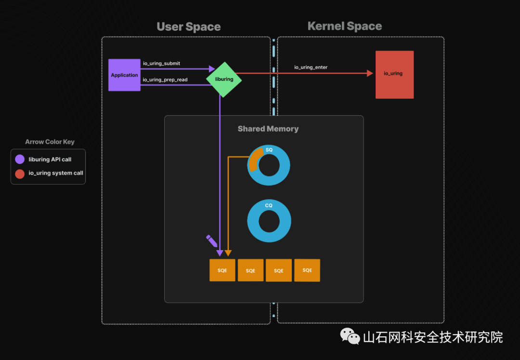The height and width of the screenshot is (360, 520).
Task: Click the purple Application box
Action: [x=124, y=75]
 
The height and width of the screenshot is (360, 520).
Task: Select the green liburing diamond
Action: [x=224, y=79]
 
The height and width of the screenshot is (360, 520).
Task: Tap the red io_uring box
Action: [x=394, y=74]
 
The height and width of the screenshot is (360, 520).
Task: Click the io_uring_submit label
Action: [x=161, y=64]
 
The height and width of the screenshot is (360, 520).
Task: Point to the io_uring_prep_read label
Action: [x=165, y=80]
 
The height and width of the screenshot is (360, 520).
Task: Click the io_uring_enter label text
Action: [x=311, y=67]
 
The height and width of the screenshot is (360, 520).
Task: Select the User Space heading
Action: [x=189, y=27]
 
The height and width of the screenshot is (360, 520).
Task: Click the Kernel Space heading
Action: [x=345, y=27]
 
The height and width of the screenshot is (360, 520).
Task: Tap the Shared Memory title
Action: [x=268, y=129]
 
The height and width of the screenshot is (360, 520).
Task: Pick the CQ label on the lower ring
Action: [x=269, y=206]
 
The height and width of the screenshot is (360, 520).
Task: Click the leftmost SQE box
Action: [x=222, y=270]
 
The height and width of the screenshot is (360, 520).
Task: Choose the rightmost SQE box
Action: [x=307, y=270]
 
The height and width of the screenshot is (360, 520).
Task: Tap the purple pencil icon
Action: [x=211, y=240]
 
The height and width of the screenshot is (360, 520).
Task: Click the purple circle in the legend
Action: [x=20, y=160]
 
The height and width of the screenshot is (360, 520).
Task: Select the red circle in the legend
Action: [x=20, y=173]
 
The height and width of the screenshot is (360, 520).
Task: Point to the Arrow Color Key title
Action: [x=50, y=142]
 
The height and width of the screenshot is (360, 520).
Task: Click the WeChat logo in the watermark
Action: [x=350, y=336]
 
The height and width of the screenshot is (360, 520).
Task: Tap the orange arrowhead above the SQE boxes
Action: [x=228, y=253]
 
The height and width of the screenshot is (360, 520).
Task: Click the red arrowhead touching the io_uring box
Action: [x=370, y=73]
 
